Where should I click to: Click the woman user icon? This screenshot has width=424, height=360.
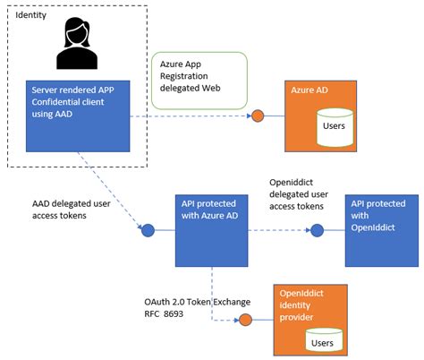point(77,43)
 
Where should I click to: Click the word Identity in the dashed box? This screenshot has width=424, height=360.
point(30,15)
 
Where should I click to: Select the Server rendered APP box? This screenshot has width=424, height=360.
point(78,116)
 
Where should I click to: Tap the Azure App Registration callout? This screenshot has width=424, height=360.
point(199,81)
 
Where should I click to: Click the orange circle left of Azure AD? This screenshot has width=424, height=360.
point(258,116)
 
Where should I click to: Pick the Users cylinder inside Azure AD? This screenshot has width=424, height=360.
point(335,127)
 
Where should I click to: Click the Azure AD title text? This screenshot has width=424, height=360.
point(310,90)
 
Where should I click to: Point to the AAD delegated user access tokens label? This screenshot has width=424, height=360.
point(72,210)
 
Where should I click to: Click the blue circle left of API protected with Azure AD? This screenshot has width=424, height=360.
point(148,230)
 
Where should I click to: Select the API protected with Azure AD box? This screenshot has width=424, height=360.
point(211,231)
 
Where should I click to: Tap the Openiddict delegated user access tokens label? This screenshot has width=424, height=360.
point(299,194)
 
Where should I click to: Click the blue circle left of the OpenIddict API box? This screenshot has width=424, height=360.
point(317,230)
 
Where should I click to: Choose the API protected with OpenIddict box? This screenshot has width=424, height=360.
point(382,231)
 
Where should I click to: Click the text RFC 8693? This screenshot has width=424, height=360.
point(164,314)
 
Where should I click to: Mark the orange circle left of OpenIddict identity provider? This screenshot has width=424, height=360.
point(245,320)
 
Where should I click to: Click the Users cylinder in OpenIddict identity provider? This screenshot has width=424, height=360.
point(324,340)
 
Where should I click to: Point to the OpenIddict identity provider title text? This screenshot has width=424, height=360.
point(301,305)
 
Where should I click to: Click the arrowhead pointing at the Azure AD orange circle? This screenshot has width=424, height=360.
point(250,116)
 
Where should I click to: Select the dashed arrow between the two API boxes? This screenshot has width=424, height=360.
point(279,230)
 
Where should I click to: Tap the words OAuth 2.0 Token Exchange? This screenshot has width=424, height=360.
point(198,302)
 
